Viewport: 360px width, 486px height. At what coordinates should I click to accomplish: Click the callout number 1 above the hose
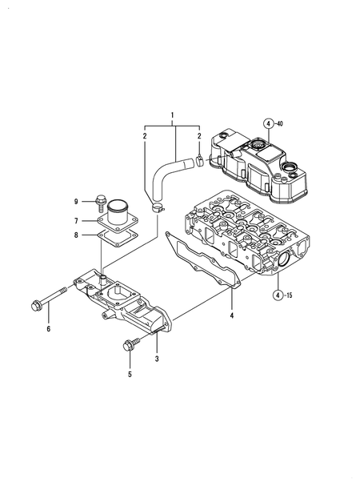(172, 116)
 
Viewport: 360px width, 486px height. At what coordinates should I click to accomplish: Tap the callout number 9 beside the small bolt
(77, 201)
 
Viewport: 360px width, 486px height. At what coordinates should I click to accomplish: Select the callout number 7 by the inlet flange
(77, 220)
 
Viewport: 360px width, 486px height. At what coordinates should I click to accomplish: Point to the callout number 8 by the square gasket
(77, 235)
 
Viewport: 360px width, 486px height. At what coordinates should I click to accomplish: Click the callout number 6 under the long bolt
(48, 329)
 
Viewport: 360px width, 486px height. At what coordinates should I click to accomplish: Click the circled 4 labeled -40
(270, 123)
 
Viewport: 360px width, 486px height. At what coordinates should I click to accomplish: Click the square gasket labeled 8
(117, 239)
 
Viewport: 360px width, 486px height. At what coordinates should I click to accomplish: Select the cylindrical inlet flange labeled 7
(118, 216)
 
